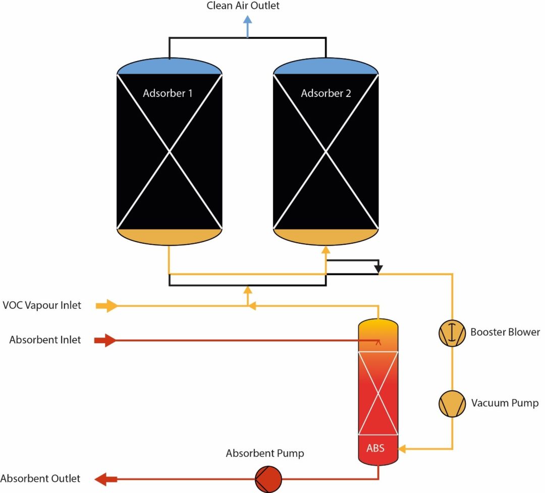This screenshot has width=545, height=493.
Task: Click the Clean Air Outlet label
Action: click(x=243, y=6)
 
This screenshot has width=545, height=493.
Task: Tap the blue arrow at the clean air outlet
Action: click(x=247, y=25)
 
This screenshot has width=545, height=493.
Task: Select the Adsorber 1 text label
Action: click(x=168, y=93)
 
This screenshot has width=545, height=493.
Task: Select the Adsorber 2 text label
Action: click(x=325, y=93)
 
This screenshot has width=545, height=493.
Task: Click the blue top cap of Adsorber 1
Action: click(x=169, y=67)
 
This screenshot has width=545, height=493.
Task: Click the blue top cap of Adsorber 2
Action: click(x=325, y=67)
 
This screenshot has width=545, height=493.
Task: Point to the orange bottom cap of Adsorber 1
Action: click(x=169, y=236)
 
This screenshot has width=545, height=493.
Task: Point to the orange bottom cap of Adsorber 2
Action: click(x=325, y=236)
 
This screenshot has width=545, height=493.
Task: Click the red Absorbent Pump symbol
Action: click(x=267, y=478)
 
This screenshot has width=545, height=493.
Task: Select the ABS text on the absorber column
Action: click(x=375, y=448)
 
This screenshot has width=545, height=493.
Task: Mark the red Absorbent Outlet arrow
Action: click(x=106, y=478)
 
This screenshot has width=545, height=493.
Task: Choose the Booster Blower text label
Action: click(x=505, y=332)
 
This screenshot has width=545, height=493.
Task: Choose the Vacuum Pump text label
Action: click(x=505, y=403)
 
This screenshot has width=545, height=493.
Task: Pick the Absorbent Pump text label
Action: click(x=265, y=453)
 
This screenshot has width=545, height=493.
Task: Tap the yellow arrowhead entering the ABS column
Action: click(x=403, y=448)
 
